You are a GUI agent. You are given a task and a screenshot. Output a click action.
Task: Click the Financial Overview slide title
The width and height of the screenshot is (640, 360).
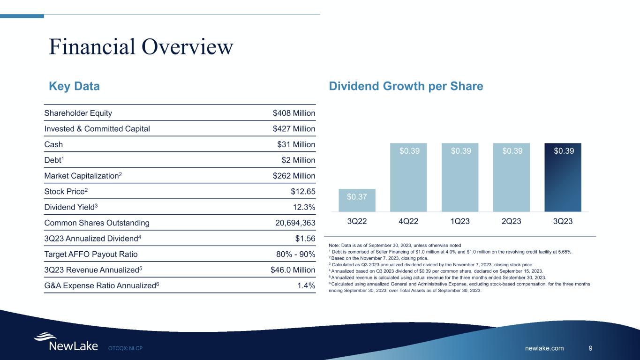click(141, 47)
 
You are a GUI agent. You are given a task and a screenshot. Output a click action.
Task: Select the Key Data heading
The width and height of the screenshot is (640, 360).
click(74, 87)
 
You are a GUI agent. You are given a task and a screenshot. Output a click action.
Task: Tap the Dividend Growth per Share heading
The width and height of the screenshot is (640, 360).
click(406, 87)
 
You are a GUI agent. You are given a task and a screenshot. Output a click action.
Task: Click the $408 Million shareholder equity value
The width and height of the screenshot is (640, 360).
click(294, 113)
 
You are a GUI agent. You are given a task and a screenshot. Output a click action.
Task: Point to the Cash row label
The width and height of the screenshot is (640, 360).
click(53, 144)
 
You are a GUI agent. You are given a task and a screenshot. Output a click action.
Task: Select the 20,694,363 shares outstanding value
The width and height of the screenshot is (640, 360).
click(295, 223)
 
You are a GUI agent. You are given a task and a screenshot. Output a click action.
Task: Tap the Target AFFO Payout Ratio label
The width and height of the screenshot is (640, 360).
click(91, 254)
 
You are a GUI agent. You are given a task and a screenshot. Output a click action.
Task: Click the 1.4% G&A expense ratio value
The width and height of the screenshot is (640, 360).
click(306, 285)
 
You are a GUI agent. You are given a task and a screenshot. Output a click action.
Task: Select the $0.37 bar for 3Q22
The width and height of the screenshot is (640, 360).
click(357, 200)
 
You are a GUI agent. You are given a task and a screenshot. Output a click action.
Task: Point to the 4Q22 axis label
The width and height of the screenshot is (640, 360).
click(408, 221)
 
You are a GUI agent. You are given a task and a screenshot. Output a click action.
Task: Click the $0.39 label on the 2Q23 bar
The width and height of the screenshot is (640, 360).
click(511, 151)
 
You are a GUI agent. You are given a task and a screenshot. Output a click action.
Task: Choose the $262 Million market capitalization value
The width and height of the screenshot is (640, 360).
click(294, 175)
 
